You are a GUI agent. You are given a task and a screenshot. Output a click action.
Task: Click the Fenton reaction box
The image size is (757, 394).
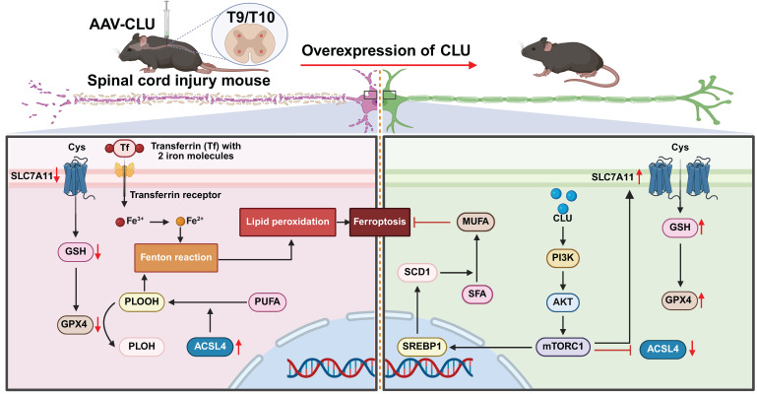pos(176,257)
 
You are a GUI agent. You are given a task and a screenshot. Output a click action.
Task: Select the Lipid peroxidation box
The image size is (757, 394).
pos(287,222)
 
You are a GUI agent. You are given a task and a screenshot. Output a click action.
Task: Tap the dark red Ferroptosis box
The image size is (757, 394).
pos(380,222)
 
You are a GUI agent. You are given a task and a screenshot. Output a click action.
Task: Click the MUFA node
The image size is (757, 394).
pos(475,222)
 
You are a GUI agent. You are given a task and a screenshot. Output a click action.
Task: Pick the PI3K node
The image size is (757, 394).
pos(563,258)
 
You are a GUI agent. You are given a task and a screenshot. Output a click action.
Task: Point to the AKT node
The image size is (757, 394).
pos(563,302)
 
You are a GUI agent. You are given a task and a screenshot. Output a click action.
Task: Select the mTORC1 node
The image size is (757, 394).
pos(563,346)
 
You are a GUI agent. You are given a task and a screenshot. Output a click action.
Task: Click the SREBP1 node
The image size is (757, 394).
pos(421,346)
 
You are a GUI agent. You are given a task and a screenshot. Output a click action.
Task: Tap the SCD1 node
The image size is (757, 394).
pos(417,272)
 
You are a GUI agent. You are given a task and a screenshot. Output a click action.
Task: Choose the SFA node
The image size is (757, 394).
pos(477,294)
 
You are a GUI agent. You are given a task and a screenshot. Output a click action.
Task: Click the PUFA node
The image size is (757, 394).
pos(268,301)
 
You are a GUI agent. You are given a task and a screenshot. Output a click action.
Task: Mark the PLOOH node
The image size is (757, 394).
pos(142,301)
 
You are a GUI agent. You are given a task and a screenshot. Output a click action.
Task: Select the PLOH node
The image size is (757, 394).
pos(142,346)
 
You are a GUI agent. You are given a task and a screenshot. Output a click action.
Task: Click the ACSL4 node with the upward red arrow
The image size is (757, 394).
pos(210,346)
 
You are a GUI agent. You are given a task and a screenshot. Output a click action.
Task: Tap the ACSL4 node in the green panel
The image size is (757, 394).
pos(662,349)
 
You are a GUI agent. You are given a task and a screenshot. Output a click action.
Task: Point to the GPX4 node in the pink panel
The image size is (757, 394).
pos(75,324)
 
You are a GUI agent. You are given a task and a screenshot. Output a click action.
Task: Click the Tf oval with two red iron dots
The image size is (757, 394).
pos(125,148)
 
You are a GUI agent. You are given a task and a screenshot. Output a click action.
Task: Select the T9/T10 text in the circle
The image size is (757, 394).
pos(251,18)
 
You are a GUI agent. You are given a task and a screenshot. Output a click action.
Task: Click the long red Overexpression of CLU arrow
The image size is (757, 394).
pos(389,65)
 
